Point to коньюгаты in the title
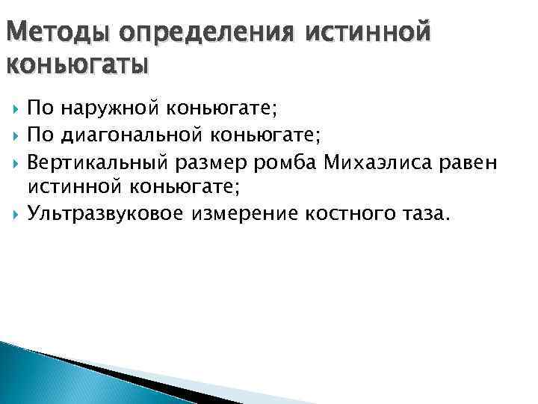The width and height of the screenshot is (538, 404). pyautogui.click(x=76, y=65)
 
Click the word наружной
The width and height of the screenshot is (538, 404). pyautogui.click(x=109, y=109)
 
